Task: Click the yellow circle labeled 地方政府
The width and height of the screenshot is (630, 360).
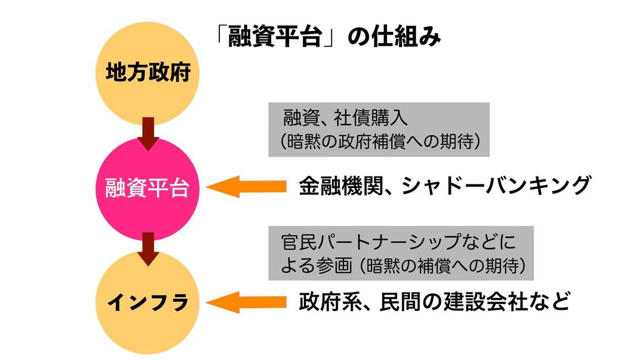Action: tap(148, 73)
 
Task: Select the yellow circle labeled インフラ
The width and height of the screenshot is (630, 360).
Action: tap(148, 302)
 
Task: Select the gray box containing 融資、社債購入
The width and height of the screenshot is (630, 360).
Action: tap(379, 129)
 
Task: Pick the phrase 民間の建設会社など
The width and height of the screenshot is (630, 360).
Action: tap(474, 302)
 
